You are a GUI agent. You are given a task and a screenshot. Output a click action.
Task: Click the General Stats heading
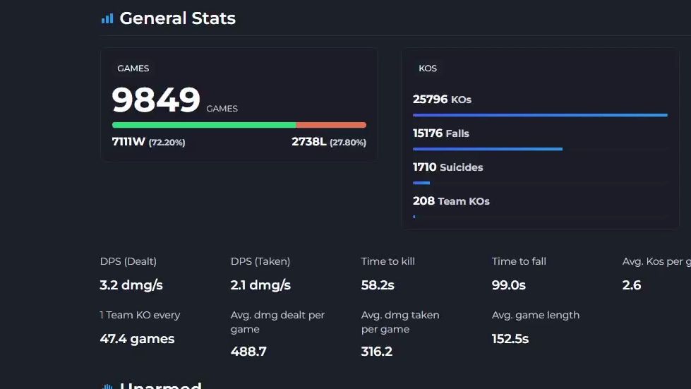177,18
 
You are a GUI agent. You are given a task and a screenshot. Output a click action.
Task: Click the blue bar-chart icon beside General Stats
107,19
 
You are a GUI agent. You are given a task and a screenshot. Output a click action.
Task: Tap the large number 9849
156,100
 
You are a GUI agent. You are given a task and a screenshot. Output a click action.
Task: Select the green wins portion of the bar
203,125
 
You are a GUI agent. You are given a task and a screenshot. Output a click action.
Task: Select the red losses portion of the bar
331,125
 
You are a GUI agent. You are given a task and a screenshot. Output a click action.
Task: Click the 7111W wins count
128,142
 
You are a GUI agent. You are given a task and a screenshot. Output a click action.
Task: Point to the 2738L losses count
308,142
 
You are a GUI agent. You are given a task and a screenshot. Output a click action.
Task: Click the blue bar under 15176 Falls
487,149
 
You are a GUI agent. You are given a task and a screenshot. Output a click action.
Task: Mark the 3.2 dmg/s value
132,286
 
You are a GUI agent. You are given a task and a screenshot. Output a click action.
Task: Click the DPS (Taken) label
260,261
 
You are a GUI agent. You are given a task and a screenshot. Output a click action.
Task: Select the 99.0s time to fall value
508,286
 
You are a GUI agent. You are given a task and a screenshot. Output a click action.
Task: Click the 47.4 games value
137,339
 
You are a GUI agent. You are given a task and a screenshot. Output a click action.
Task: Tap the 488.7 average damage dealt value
248,352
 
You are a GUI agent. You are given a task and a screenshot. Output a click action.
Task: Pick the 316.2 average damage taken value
377,352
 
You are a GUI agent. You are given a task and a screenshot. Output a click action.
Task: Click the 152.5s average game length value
510,339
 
